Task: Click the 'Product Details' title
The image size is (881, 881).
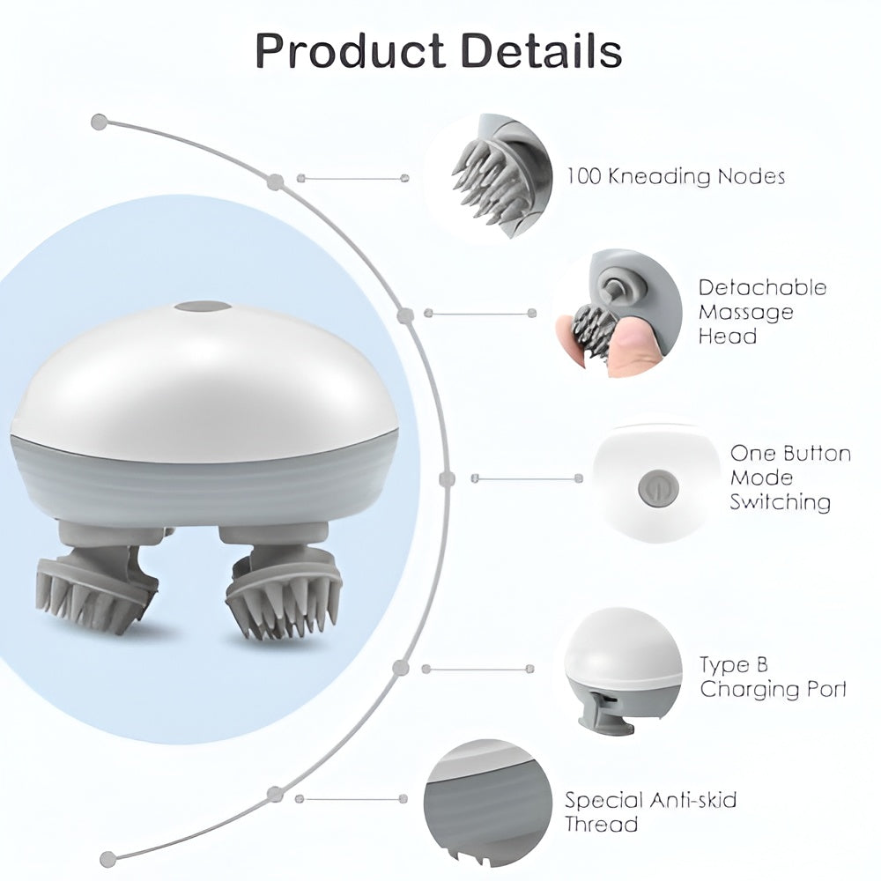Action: tap(438, 51)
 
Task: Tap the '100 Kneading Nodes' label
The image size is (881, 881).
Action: tap(675, 176)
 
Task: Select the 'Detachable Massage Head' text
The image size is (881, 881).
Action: tap(762, 311)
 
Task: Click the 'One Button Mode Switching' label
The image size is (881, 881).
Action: tap(790, 478)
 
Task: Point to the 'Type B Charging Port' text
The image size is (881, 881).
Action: tap(773, 677)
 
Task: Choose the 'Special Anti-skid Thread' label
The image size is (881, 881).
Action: tap(650, 811)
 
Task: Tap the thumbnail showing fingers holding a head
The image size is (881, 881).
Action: tap(617, 313)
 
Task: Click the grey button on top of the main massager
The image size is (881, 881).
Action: tap(203, 309)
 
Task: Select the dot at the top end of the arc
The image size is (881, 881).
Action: tap(99, 122)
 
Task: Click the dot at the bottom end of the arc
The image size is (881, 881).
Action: tap(107, 857)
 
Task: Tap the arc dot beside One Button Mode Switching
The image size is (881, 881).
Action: tap(447, 478)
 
